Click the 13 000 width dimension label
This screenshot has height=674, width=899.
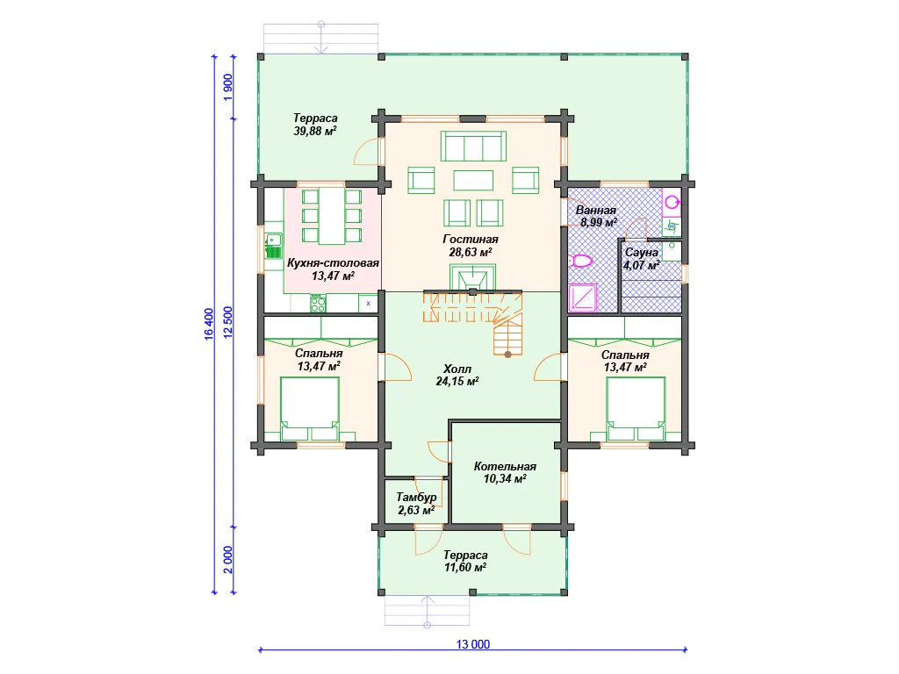click(x=473, y=644)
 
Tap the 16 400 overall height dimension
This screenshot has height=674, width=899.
click(x=209, y=324)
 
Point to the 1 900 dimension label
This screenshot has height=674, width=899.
click(x=228, y=87)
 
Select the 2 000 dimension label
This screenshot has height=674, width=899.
click(x=228, y=559)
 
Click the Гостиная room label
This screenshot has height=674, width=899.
click(x=471, y=239)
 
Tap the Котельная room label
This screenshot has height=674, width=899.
click(x=505, y=467)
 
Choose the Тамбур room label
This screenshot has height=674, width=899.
click(x=416, y=497)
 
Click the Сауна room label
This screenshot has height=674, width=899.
click(x=642, y=252)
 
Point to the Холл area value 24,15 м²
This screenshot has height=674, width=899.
click(x=457, y=381)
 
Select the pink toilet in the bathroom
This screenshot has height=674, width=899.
click(x=582, y=262)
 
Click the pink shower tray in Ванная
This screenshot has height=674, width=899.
click(x=583, y=298)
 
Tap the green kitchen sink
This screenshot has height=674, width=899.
click(x=274, y=246)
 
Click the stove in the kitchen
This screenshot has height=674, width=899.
click(x=318, y=303)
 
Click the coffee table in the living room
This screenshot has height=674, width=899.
click(x=473, y=180)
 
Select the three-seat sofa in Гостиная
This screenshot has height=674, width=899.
click(x=473, y=147)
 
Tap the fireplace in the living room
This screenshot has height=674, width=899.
click(x=473, y=277)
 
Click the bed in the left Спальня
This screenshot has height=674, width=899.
click(x=310, y=408)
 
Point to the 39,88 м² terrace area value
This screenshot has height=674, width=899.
click(x=315, y=132)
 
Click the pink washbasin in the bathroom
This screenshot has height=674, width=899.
click(x=672, y=203)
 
